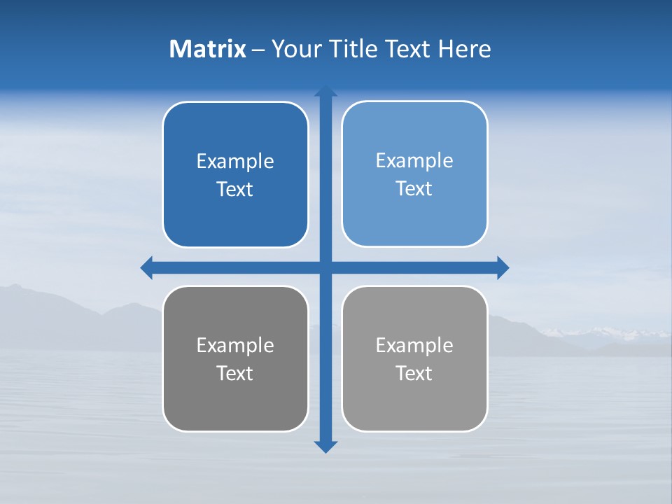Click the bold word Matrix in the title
(x=207, y=49)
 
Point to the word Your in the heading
(x=296, y=49)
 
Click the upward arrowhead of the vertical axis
(x=325, y=91)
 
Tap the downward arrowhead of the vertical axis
(x=325, y=447)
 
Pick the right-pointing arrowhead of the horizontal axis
(x=503, y=267)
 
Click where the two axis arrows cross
(x=325, y=267)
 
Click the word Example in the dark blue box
(x=235, y=162)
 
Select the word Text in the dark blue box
(x=235, y=190)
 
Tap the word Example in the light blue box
(x=414, y=161)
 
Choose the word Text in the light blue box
(x=414, y=189)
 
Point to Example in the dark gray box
(x=235, y=346)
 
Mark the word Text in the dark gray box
(x=235, y=374)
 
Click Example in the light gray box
(x=414, y=346)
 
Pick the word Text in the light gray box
(x=414, y=374)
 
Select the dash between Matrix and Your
(x=258, y=50)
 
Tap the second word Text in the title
(x=408, y=49)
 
